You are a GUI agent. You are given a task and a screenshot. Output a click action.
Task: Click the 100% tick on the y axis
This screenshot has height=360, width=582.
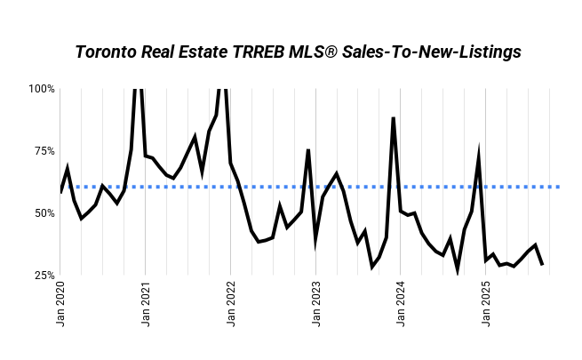click(42, 89)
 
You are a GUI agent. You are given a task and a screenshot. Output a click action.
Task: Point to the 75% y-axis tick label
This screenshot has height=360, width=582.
click(44, 151)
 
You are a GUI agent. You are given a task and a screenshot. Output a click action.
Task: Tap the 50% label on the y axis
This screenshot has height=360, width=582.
click(44, 213)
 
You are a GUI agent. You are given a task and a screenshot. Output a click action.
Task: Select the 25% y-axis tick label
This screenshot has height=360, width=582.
click(44, 276)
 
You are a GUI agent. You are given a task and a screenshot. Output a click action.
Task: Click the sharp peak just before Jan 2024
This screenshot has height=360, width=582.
click(393, 117)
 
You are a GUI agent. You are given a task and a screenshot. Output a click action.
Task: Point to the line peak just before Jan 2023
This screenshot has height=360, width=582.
click(308, 149)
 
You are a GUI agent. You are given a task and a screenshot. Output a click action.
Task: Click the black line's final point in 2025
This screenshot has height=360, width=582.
click(542, 264)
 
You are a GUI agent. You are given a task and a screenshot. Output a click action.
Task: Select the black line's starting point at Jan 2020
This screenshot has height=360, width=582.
click(61, 191)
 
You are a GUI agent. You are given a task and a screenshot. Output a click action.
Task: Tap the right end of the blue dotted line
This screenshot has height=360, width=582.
click(558, 187)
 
